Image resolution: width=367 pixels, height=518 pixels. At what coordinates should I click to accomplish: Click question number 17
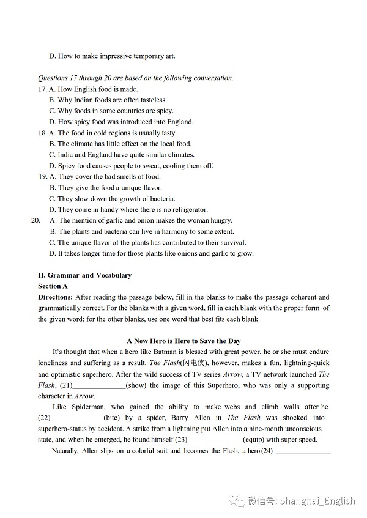tap(43, 89)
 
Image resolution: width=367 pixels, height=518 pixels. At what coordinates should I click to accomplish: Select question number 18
tap(43, 133)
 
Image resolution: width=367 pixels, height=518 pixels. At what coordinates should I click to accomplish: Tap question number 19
tap(43, 177)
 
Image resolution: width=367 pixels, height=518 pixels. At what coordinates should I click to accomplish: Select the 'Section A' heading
tap(53, 286)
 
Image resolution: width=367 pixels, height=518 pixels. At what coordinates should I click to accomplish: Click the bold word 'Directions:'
tap(56, 297)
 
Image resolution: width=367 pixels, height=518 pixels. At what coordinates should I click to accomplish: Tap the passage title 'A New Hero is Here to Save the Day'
tap(183, 341)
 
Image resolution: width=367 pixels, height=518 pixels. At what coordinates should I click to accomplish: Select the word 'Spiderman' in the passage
tap(83, 407)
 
